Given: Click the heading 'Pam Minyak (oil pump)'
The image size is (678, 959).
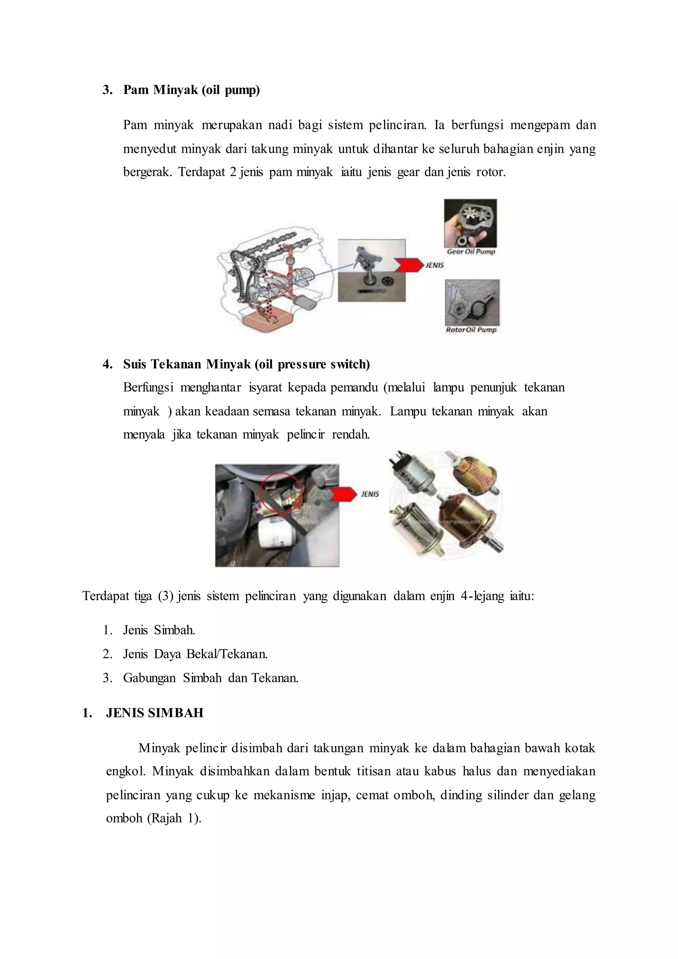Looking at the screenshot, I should pyautogui.click(x=191, y=90).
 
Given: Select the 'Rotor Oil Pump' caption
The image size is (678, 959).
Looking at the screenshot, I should pyautogui.click(x=471, y=329).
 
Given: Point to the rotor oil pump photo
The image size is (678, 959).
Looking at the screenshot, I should pyautogui.click(x=472, y=302).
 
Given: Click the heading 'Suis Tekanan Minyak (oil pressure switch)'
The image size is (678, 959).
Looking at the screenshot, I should pyautogui.click(x=246, y=364).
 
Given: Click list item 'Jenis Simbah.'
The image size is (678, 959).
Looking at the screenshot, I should pyautogui.click(x=159, y=630).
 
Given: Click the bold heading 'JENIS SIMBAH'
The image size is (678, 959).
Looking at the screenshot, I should pyautogui.click(x=155, y=713).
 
